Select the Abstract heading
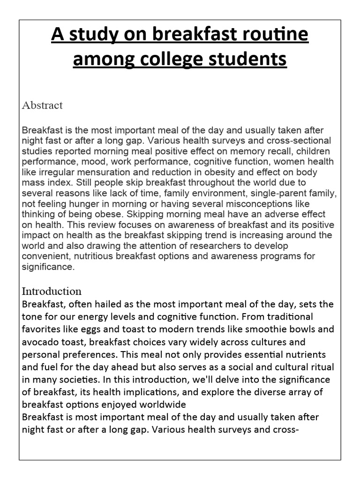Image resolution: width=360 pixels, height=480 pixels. tap(42, 105)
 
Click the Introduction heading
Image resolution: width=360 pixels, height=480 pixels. tap(52, 291)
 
